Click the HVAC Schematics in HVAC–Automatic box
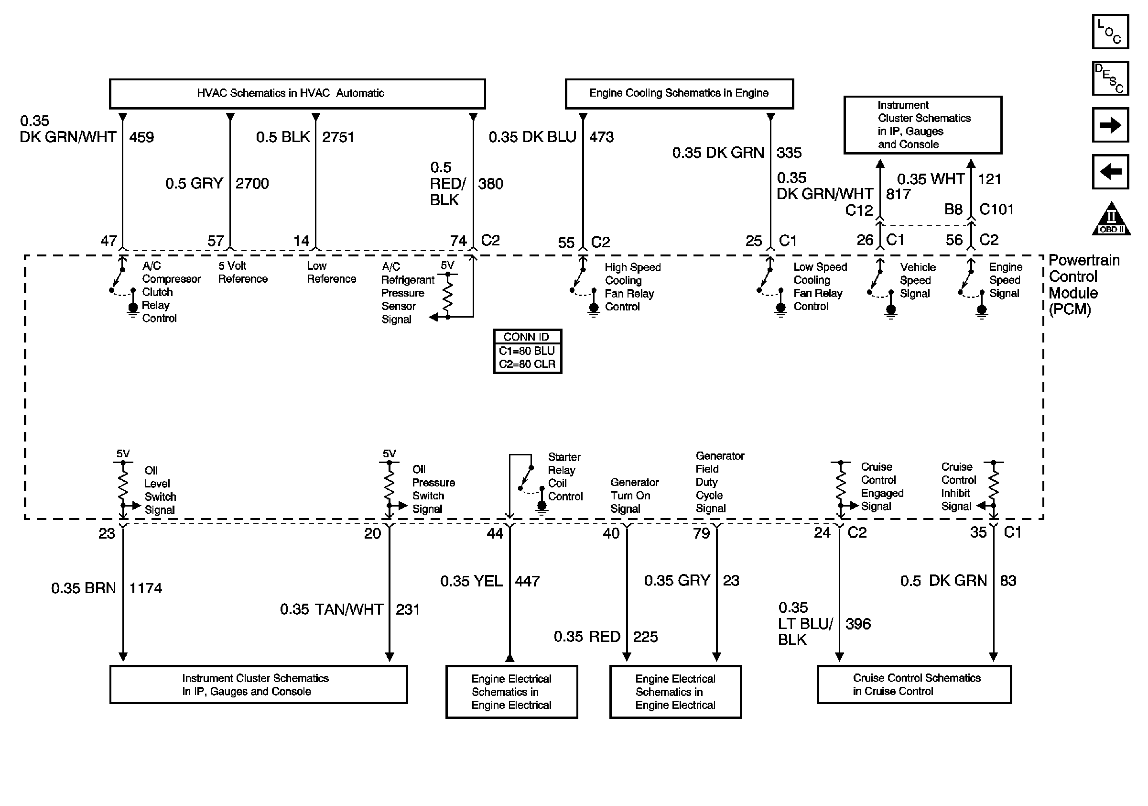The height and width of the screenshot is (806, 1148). [x=297, y=94]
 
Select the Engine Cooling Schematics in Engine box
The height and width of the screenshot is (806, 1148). [x=679, y=94]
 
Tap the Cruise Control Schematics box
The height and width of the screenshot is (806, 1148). [x=914, y=685]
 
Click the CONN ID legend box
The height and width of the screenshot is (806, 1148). [x=528, y=351]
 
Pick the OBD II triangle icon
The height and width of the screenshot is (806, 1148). [x=1111, y=220]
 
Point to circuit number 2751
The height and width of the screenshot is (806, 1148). [x=338, y=137]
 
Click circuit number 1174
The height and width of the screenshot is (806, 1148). [x=145, y=588]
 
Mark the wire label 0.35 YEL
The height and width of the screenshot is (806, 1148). [x=471, y=581]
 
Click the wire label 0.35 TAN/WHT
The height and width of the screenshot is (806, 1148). [x=332, y=609]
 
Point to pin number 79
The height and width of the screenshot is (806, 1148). [x=701, y=533]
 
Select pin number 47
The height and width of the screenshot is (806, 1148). [x=109, y=241]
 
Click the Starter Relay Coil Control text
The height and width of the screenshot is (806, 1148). [x=565, y=477]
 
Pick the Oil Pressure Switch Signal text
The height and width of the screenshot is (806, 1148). [x=433, y=489]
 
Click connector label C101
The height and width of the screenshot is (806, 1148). [x=996, y=209]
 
